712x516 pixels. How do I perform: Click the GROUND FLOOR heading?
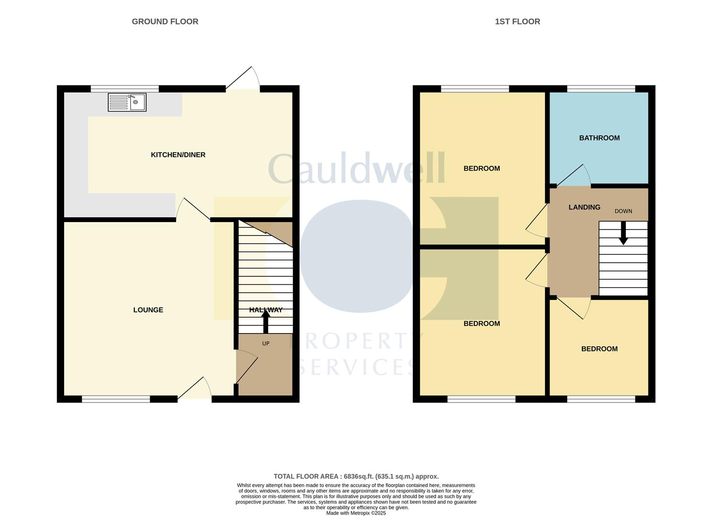[165, 21]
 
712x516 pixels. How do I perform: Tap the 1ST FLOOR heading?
[517, 21]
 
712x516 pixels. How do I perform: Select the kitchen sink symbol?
[127, 102]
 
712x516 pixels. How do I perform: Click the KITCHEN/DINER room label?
[178, 155]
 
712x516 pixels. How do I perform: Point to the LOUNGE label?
[148, 310]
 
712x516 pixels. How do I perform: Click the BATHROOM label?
[599, 138]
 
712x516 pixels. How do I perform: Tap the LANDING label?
[584, 207]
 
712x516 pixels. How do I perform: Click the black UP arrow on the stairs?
[266, 322]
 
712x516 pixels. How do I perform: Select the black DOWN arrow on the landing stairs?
[623, 234]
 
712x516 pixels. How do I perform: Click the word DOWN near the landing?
[623, 211]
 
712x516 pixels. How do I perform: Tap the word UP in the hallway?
[266, 344]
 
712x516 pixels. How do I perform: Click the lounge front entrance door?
[195, 389]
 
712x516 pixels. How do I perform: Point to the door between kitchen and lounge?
[194, 210]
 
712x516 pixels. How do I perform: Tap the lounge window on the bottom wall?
[116, 399]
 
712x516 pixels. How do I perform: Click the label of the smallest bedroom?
[599, 349]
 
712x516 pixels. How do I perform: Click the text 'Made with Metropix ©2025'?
[356, 513]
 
